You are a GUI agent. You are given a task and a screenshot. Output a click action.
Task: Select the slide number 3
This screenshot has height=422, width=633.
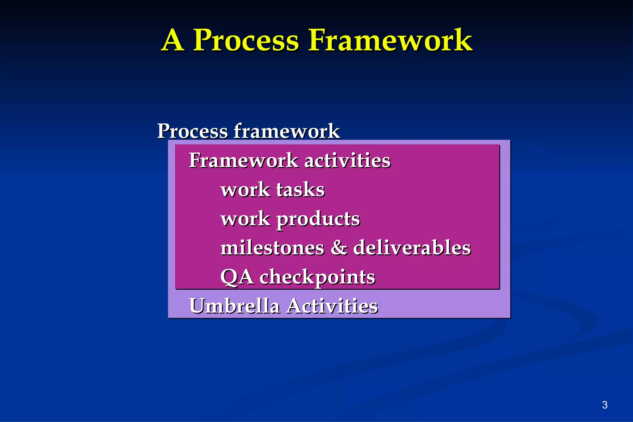[605, 405]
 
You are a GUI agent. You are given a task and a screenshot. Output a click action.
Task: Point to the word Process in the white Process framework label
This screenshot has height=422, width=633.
[192, 131]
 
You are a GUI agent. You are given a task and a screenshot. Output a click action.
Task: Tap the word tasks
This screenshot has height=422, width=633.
[300, 190]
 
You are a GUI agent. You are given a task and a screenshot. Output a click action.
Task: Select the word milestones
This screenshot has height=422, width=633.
[272, 248]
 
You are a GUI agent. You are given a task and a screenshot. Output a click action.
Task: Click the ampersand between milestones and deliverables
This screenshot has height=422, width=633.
[339, 248]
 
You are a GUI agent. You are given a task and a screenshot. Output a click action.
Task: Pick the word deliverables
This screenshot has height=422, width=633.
[412, 248]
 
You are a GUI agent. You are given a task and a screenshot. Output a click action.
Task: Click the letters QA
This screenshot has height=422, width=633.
[237, 277]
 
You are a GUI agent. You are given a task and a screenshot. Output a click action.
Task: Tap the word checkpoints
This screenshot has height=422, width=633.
[317, 277]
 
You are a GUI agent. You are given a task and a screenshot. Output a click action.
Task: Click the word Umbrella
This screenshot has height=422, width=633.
[234, 306]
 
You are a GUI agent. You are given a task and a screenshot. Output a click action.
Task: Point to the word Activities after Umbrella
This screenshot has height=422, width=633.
[332, 306]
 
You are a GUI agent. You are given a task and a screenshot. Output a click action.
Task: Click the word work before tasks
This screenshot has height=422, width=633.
[245, 190]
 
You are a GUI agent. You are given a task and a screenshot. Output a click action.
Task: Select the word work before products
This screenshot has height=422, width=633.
[245, 219]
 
